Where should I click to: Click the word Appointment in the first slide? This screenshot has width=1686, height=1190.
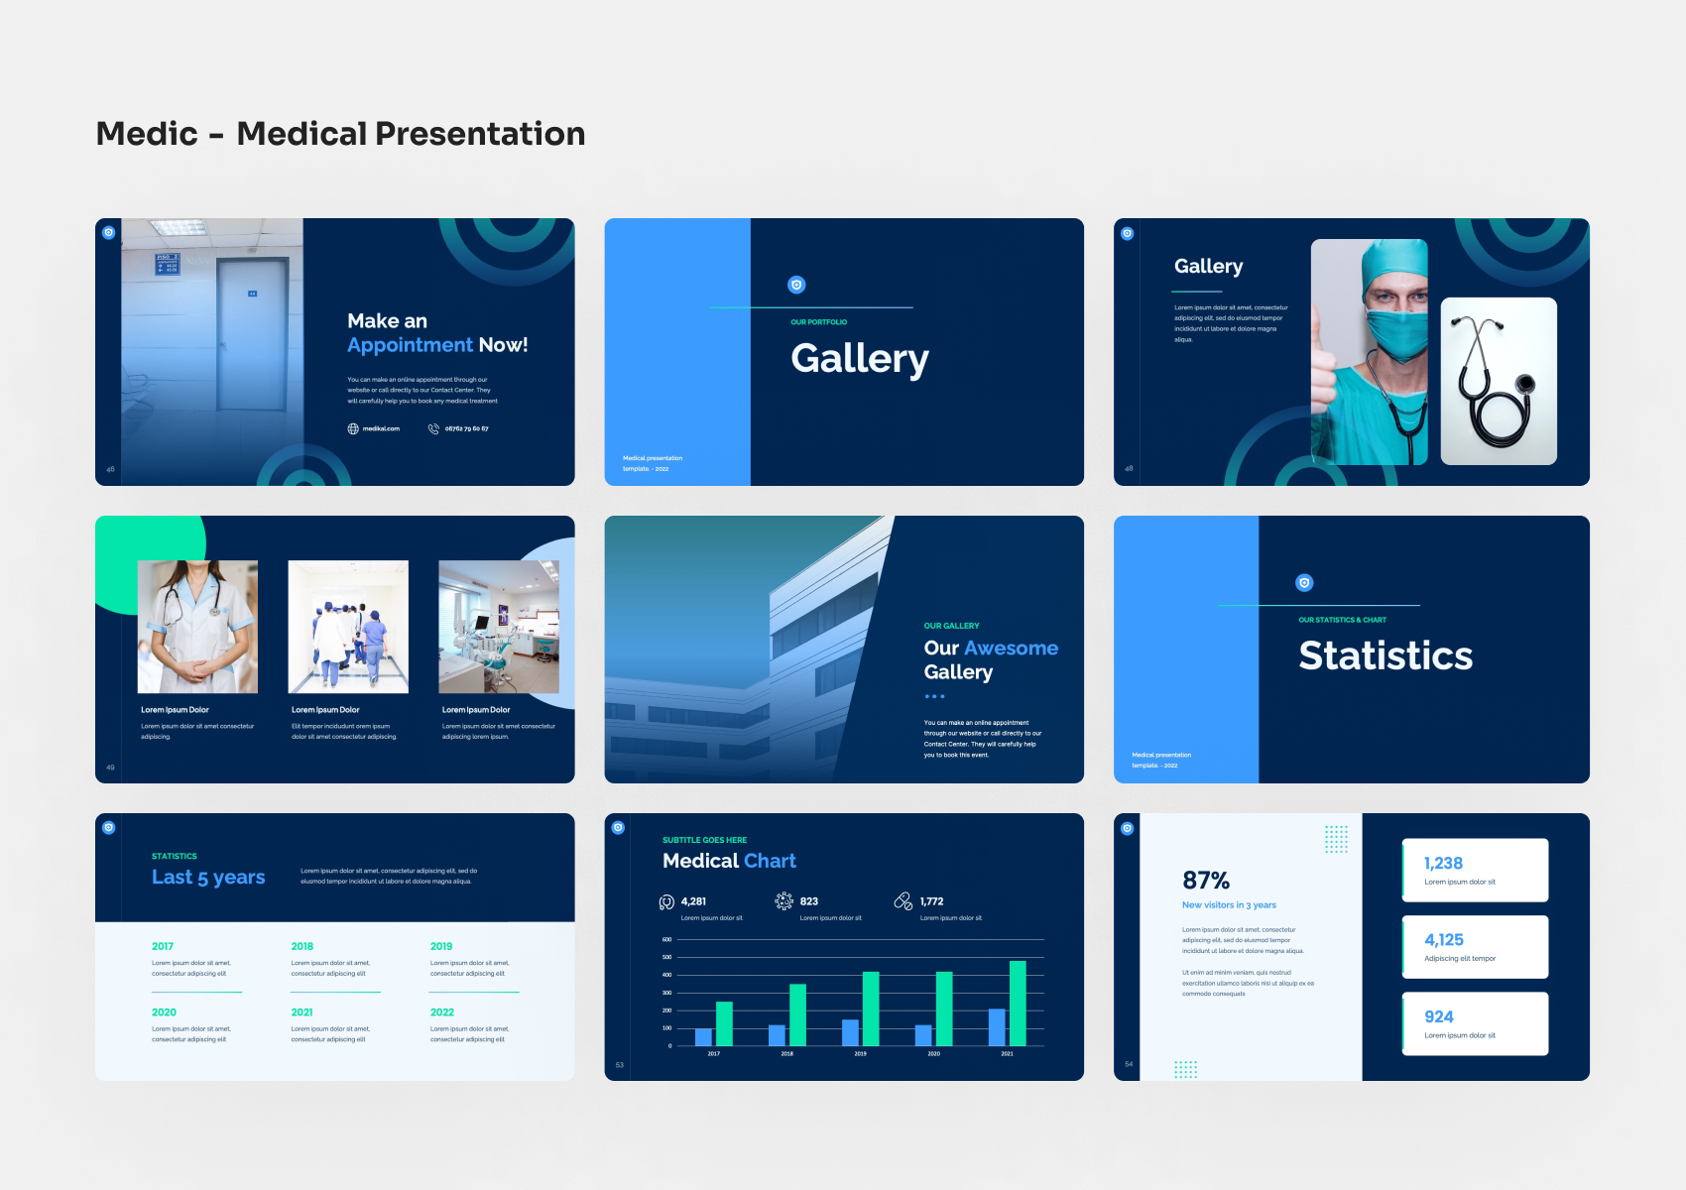[x=410, y=345]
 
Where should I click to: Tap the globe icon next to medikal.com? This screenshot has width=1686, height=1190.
[x=353, y=429]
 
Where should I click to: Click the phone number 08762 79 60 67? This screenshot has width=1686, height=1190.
[x=466, y=429]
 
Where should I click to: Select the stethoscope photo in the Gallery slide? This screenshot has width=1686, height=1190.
[x=1498, y=382]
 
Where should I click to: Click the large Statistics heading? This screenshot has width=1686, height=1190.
[x=1385, y=655]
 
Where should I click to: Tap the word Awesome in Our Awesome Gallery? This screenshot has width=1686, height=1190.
[x=1011, y=649]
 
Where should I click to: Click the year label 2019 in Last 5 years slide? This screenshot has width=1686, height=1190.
[x=441, y=946]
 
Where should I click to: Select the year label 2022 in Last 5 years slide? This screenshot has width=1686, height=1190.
[x=442, y=1012]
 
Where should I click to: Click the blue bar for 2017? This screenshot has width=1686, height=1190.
[x=703, y=1036]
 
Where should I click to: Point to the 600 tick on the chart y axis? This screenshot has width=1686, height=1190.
[x=666, y=939]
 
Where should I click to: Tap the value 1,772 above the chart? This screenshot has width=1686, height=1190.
[x=931, y=901]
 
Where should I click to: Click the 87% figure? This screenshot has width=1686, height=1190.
[x=1205, y=881]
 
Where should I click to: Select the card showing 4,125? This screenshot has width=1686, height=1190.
[x=1475, y=947]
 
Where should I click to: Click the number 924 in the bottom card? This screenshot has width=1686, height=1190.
[x=1438, y=1017]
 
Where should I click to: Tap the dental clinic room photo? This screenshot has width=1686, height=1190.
[x=499, y=627]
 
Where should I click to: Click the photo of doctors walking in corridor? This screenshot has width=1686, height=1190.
[x=348, y=627]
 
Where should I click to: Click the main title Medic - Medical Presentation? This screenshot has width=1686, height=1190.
[x=340, y=134]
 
